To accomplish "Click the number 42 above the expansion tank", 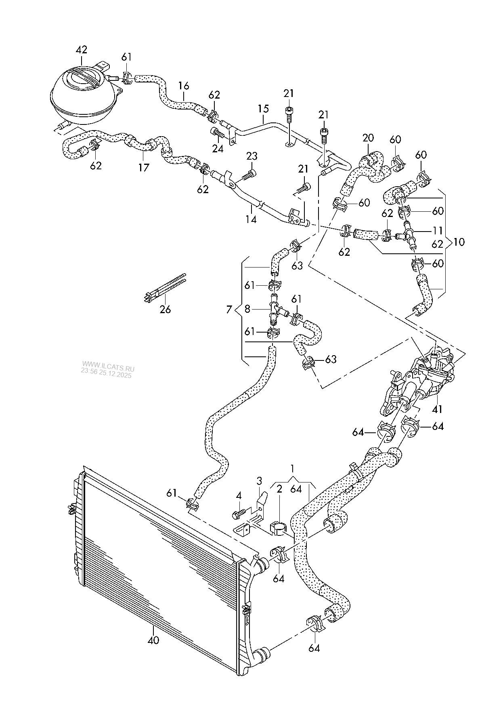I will pos(82,50).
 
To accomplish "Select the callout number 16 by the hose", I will pos(184,86).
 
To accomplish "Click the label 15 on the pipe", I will pos(263,109).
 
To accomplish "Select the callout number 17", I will pos(144,167).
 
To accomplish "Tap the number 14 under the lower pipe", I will pos(251,219).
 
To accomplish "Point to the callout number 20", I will pos(368,138).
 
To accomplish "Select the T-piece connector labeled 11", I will pos(409,234).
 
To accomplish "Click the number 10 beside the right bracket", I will pos(459,242).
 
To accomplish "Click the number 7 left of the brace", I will pos(229,310).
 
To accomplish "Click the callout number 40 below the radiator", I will pos(153,640).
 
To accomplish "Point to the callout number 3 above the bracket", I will pos(259,481).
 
